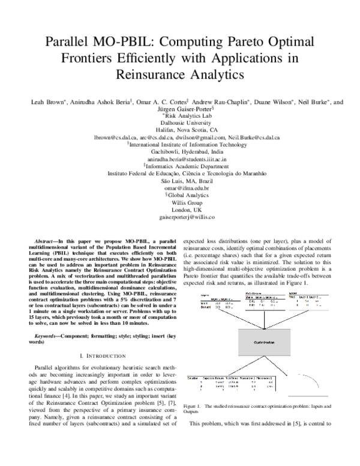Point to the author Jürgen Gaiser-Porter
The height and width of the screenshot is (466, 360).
pos(181,110)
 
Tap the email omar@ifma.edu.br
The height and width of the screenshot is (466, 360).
pos(180,195)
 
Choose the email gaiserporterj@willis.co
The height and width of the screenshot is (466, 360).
pos(180,228)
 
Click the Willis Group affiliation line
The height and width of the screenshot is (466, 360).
pos(180,211)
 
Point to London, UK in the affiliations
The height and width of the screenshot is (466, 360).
pos(180,219)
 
